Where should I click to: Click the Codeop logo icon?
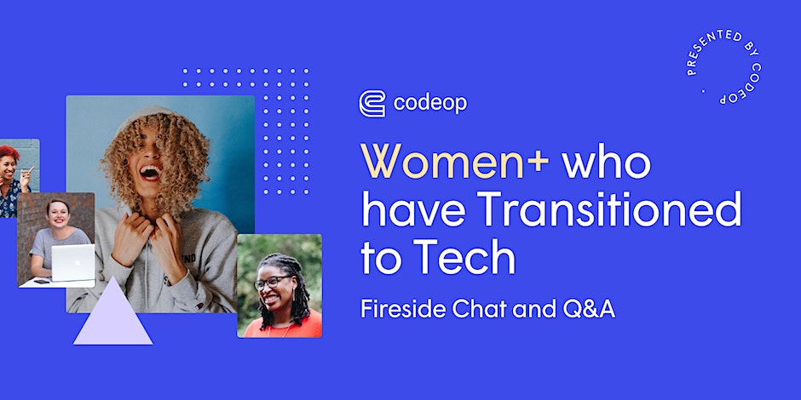[x=372, y=104]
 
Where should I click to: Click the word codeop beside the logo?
[x=430, y=104]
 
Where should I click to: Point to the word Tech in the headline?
[x=464, y=258]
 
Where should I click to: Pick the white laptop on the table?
[x=72, y=262]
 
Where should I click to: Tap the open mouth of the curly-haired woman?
[x=151, y=172]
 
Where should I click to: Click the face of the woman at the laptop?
[x=57, y=214]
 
